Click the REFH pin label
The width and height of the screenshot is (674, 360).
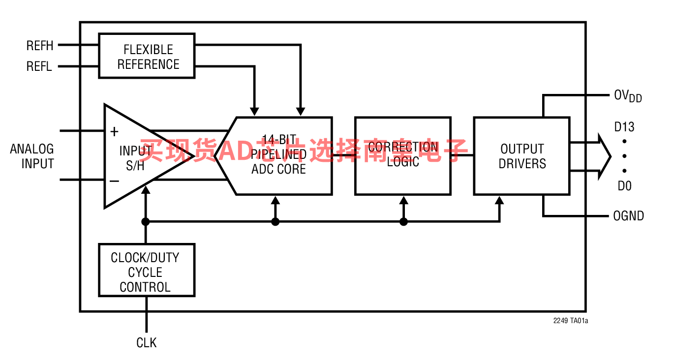point(40,46)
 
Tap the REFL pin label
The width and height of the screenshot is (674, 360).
point(39,66)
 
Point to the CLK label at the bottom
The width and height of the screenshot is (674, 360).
point(147,343)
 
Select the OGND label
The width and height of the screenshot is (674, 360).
point(629,216)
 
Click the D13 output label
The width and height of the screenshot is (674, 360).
point(624,127)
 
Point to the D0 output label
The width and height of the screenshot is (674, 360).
point(625,186)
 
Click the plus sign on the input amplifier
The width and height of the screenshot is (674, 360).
point(114,132)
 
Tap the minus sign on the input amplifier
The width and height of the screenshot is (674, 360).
point(114,181)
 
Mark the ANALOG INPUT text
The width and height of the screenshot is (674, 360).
point(32,156)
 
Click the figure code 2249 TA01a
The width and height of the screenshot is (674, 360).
point(571,321)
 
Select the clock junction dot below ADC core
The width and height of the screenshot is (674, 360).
point(276,222)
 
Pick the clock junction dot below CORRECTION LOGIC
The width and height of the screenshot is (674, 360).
point(403,222)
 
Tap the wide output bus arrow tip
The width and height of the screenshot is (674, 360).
point(611,156)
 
